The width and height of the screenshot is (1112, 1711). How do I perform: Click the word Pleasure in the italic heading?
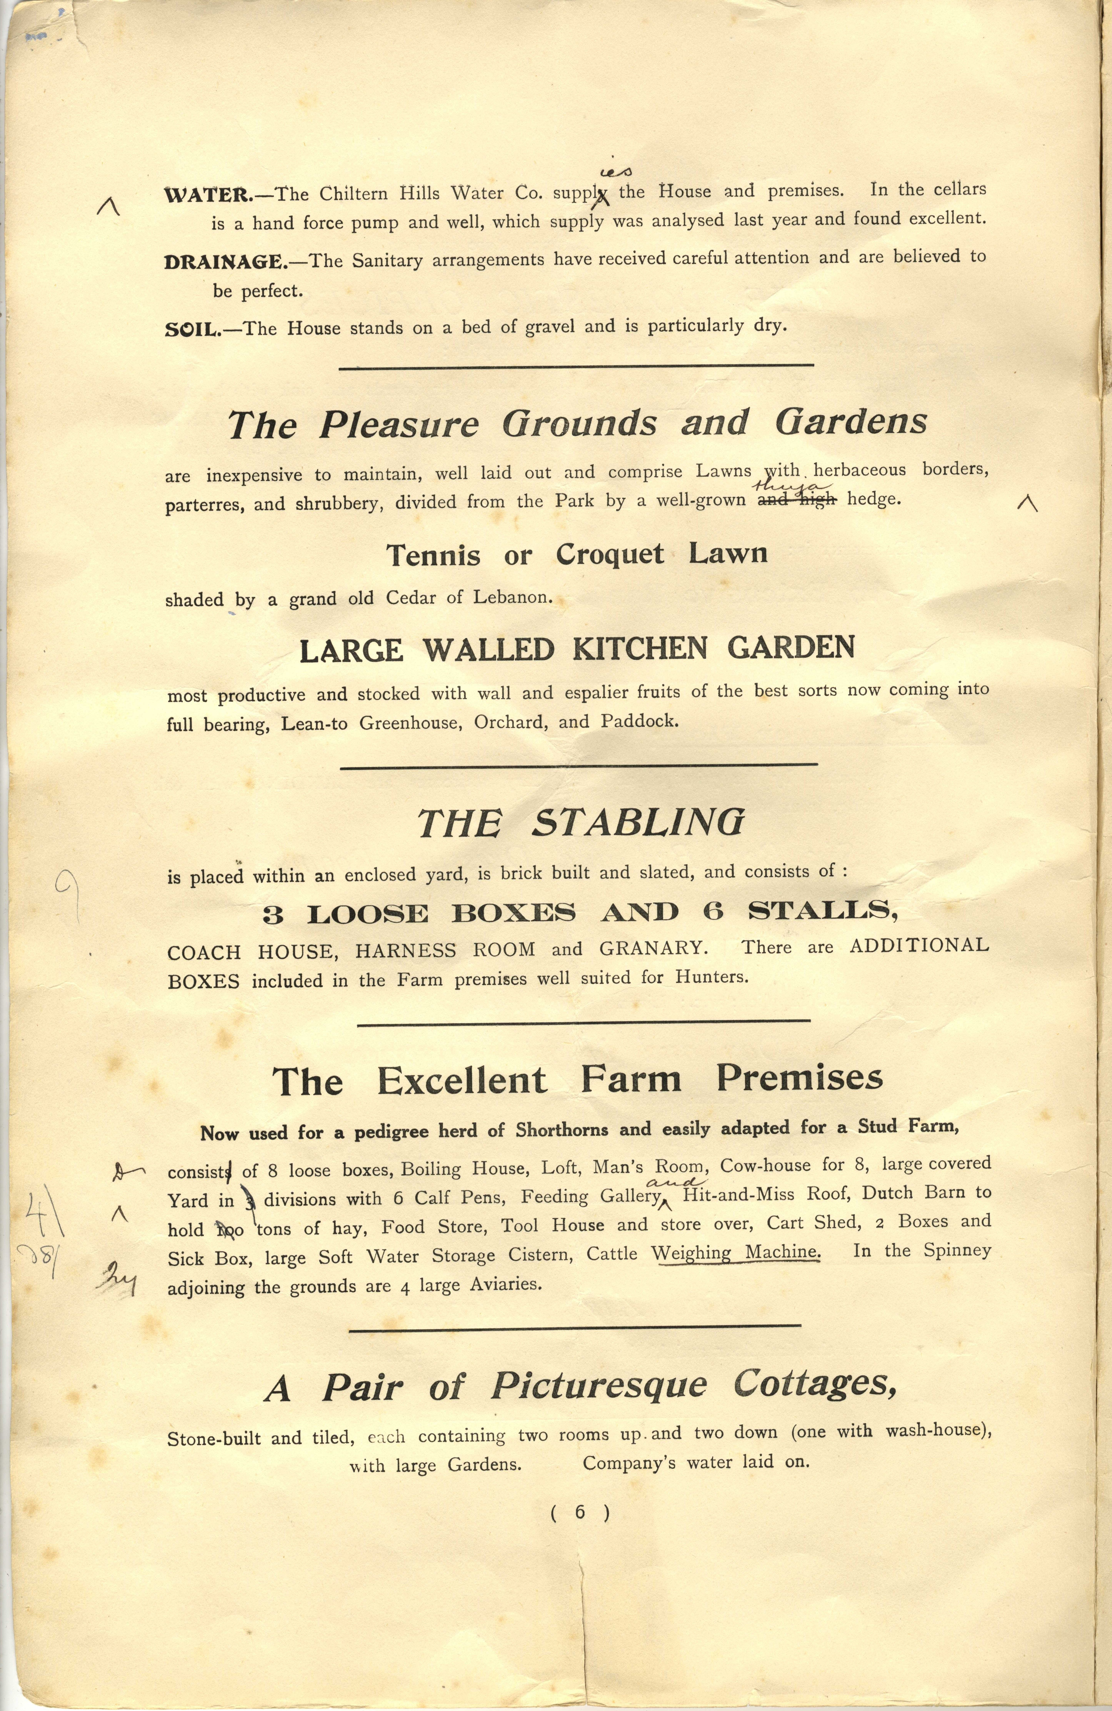coord(399,425)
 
